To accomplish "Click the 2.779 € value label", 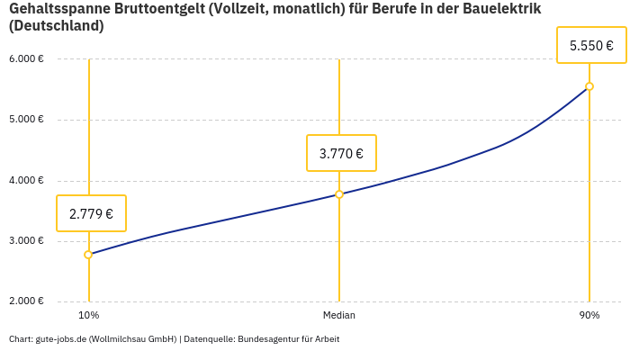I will click(x=91, y=213).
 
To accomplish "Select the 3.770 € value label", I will click(x=341, y=153).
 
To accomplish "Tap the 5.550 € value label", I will click(x=591, y=45).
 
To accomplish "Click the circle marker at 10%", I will click(x=88, y=255).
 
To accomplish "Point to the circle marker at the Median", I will click(x=339, y=194).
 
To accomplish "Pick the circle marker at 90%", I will click(x=589, y=86).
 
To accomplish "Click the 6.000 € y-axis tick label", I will click(x=26, y=59).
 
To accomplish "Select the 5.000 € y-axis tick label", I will click(x=26, y=120).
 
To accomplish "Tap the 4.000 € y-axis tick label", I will click(x=26, y=180).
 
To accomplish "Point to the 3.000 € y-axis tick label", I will click(x=26, y=240).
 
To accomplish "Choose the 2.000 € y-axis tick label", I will click(x=26, y=301).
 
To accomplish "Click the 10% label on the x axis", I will click(x=88, y=315).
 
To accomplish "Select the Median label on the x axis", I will click(x=339, y=315).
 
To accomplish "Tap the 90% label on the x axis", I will click(x=589, y=315).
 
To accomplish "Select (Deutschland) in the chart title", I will click(x=56, y=26).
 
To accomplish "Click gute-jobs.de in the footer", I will click(x=60, y=339).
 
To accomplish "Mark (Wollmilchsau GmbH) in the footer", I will click(x=132, y=339).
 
